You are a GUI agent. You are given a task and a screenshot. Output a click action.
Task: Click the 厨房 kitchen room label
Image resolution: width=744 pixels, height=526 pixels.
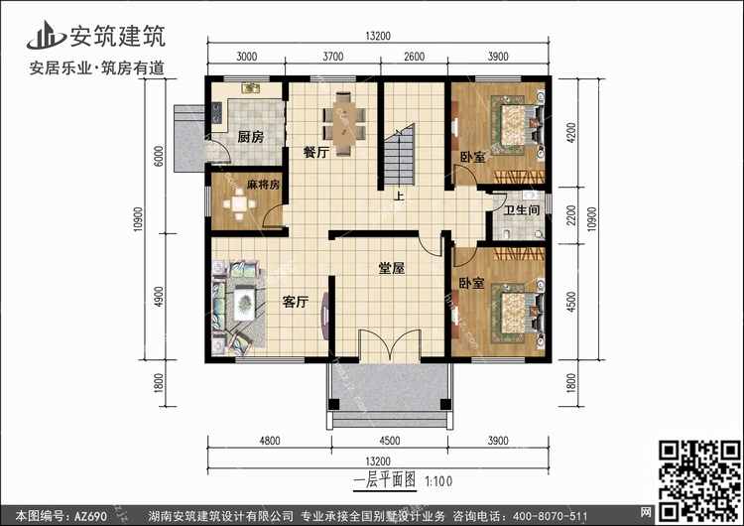pyautogui.click(x=250, y=137)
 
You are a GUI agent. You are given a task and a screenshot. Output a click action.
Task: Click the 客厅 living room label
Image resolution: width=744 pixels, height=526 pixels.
pyautogui.click(x=296, y=303)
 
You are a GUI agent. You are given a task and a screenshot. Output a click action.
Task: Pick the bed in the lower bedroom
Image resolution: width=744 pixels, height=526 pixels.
pyautogui.click(x=516, y=309)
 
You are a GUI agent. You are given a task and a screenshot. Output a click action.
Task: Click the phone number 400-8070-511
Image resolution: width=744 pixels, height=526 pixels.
pyautogui.click(x=556, y=516)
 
